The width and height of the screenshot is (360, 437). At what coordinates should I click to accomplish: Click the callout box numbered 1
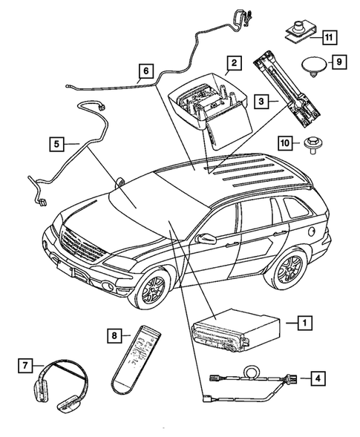click(x=303, y=323)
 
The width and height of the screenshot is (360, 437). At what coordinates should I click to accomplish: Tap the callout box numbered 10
click(x=284, y=142)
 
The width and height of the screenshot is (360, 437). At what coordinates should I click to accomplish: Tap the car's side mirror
click(x=206, y=240)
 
